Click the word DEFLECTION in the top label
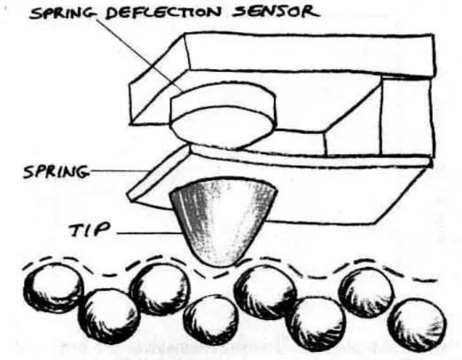click(x=163, y=12)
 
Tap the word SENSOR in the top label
click(x=276, y=12)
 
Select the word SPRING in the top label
click(x=64, y=13)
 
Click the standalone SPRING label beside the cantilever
click(x=56, y=171)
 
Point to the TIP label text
click(x=90, y=230)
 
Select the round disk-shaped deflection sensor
click(x=223, y=114)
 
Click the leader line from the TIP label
click(x=149, y=233)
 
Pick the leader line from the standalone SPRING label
click(x=119, y=171)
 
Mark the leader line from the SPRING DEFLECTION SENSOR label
click(x=141, y=53)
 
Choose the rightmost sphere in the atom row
click(x=417, y=325)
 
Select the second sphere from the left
click(x=109, y=317)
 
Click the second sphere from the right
click(x=366, y=293)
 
